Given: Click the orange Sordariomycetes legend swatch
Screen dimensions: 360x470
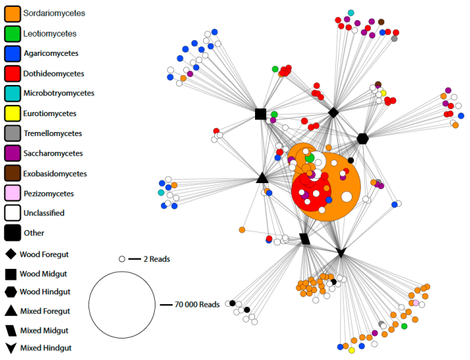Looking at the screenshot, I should (11, 12).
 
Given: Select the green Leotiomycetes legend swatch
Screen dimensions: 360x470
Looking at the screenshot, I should (11, 33).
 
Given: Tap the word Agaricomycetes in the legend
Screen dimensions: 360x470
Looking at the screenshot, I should (51, 53).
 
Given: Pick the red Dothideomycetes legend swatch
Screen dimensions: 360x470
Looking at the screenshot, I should (11, 73).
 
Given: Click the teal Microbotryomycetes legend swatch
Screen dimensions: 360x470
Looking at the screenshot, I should (11, 93).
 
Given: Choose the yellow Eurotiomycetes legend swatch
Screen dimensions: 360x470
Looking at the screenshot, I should (11, 113).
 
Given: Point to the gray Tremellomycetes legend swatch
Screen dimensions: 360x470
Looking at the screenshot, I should (11, 133).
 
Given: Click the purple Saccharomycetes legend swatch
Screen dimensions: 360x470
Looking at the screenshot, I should (11, 153).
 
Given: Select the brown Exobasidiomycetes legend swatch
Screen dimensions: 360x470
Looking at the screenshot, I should (11, 173).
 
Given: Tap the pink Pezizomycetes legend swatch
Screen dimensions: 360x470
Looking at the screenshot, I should (11, 193).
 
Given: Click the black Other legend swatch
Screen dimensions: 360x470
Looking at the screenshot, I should (11, 233).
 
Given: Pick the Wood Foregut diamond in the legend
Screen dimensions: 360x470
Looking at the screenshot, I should (10, 254).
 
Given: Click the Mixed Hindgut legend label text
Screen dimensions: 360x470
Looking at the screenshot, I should (46, 348).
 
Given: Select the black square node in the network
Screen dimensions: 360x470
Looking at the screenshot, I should (261, 114).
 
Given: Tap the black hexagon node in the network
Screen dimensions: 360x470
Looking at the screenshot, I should (362, 138).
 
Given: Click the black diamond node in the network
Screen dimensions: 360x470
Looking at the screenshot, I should (333, 112).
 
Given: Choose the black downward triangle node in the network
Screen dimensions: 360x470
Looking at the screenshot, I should (340, 254).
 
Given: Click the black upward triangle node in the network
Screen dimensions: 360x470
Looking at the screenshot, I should (262, 178).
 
